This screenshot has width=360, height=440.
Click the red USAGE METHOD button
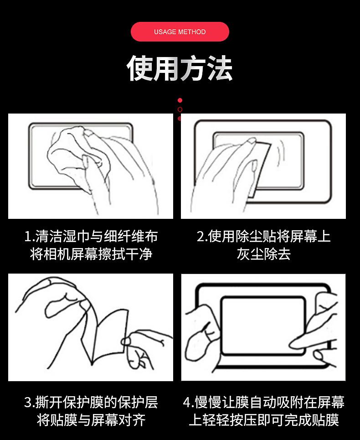tap(180, 32)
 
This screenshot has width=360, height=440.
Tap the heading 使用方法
tap(180, 68)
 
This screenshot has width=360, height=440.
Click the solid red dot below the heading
tap(180, 100)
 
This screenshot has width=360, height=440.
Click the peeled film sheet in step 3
tap(107, 334)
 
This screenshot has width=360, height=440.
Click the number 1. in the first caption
tap(30, 236)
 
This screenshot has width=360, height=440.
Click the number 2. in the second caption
tap(202, 236)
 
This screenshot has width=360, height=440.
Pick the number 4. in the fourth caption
tap(188, 403)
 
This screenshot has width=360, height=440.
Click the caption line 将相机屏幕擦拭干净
tap(91, 254)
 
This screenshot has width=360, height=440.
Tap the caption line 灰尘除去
tap(263, 254)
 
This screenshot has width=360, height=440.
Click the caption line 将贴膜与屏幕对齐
tap(91, 420)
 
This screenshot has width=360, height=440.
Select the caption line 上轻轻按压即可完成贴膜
tap(264, 420)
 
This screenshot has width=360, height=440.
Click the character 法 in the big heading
tap(220, 68)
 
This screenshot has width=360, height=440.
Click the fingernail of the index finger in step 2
tap(252, 140)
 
